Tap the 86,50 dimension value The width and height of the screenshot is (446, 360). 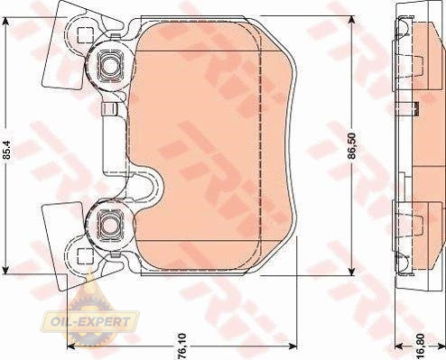[x=352, y=145]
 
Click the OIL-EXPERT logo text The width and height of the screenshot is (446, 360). [x=90, y=322]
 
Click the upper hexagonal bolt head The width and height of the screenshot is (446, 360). [x=110, y=65]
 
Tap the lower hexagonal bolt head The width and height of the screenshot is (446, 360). [x=110, y=225]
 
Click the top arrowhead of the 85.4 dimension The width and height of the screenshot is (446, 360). [x=5, y=22]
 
